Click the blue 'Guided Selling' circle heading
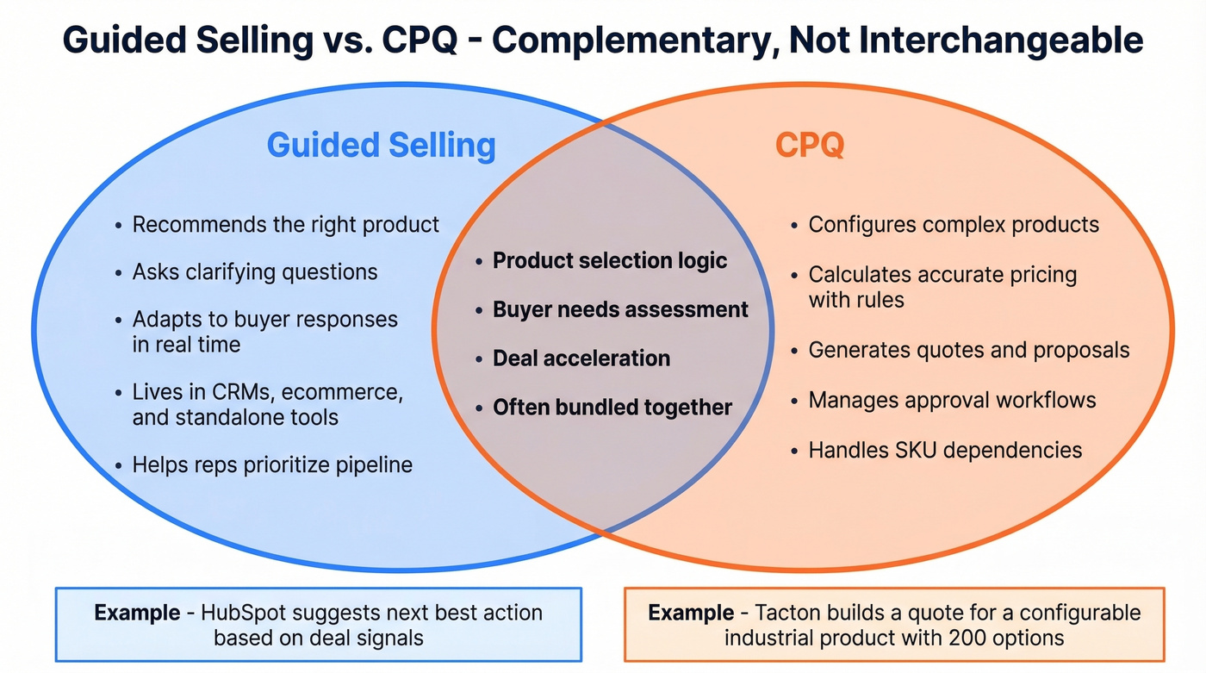(381, 145)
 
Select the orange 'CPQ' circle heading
(809, 145)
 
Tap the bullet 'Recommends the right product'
(285, 225)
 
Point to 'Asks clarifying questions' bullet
(254, 272)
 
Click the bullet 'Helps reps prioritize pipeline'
(271, 465)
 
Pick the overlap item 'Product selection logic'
(610, 260)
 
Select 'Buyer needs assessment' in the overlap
(620, 309)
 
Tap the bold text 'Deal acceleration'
(581, 358)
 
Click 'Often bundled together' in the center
(612, 407)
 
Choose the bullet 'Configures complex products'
(953, 225)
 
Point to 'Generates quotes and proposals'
(968, 351)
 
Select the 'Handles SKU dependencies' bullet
(944, 449)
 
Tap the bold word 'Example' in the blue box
(137, 613)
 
